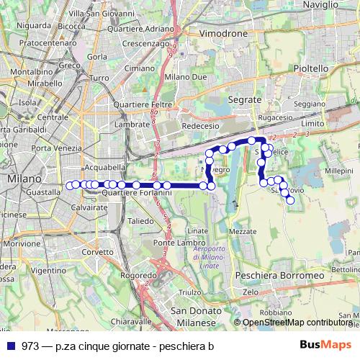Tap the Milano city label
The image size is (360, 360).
[22, 177]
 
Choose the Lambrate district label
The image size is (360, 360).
[131, 124]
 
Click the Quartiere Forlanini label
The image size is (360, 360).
[136, 193]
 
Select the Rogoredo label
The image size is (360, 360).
[138, 275]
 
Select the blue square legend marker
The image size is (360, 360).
[13, 346]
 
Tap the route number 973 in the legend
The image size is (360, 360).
[31, 346]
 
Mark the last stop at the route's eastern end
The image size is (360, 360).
[290, 201]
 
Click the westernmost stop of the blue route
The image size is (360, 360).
[70, 185]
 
